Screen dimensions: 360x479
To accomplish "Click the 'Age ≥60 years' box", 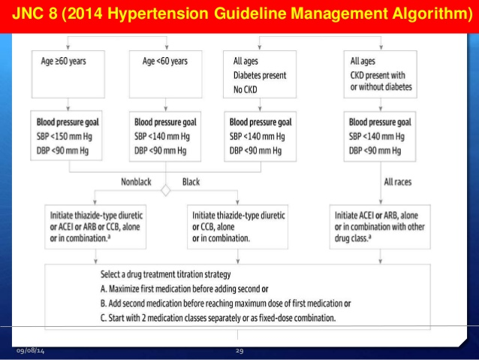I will pyautogui.click(x=69, y=74).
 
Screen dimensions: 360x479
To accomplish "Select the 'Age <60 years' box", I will pyautogui.click(x=166, y=74).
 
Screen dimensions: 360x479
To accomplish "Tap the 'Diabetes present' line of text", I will pyautogui.click(x=260, y=76).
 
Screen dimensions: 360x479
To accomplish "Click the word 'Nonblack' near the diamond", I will pyautogui.click(x=140, y=180).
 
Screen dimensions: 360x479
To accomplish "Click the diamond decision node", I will pyautogui.click(x=166, y=190).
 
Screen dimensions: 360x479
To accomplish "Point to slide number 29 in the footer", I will pyautogui.click(x=239, y=351).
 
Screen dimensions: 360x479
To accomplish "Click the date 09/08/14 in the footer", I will pyautogui.click(x=29, y=351).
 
